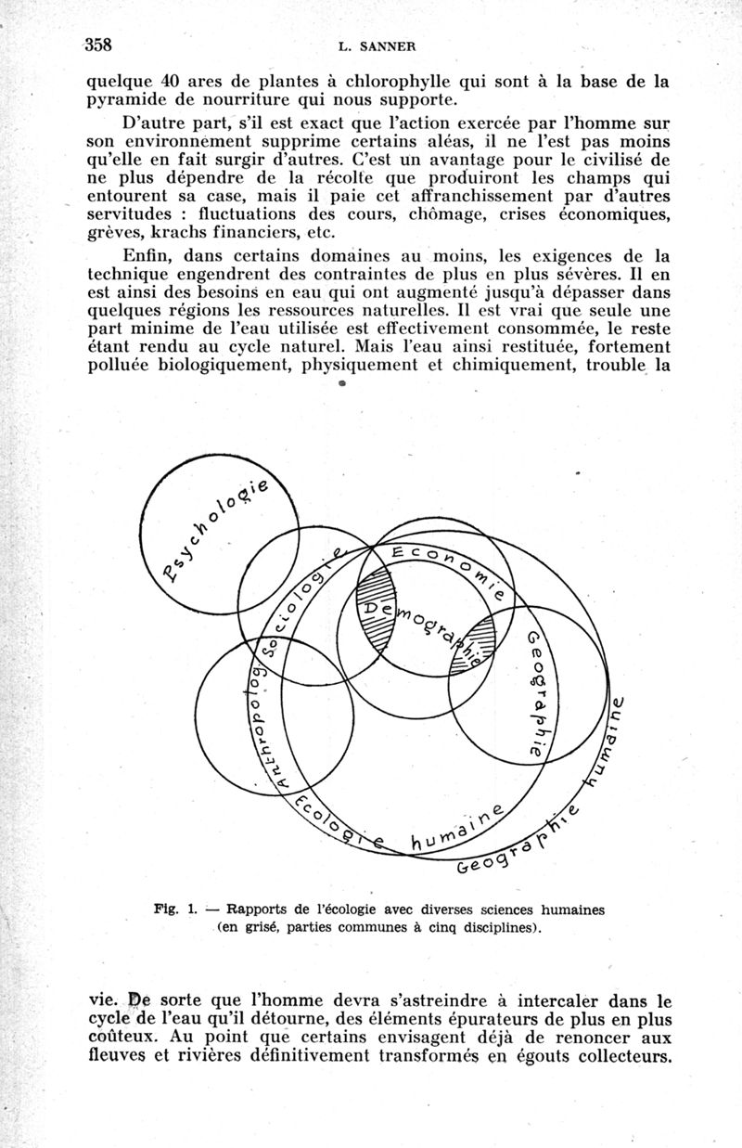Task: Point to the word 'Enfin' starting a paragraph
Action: pos(146,255)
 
